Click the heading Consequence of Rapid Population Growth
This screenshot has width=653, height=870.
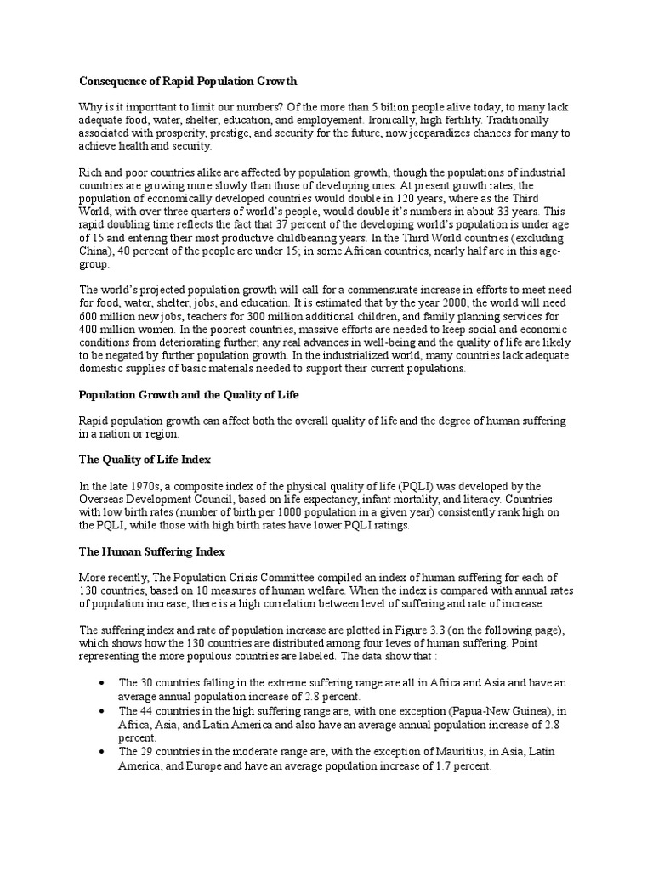(x=188, y=82)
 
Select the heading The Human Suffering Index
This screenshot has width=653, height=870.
(x=151, y=551)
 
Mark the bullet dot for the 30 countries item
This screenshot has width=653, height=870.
(x=103, y=683)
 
